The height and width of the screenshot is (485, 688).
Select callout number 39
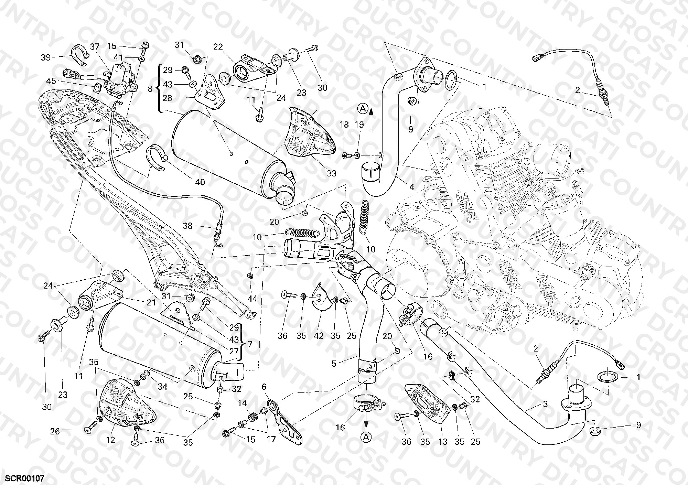[46, 58]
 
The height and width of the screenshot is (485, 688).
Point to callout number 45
[51, 81]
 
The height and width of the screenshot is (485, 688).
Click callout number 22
[218, 47]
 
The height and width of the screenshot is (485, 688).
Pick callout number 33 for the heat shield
[332, 173]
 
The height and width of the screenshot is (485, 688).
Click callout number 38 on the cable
[187, 226]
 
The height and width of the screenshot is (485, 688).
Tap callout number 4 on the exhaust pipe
[411, 187]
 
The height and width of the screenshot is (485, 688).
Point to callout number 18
[344, 125]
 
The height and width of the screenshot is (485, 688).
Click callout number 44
[252, 299]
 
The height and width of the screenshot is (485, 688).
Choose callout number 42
[319, 335]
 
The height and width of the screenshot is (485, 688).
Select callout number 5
[334, 364]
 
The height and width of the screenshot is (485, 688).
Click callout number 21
[151, 303]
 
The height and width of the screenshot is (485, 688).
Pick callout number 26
[55, 431]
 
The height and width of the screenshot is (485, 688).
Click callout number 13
[443, 441]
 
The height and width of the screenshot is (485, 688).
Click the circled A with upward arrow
[363, 109]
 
